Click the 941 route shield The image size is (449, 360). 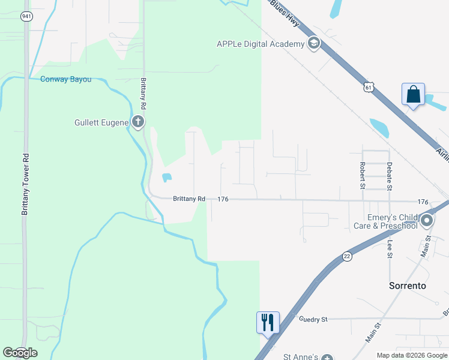(x=26, y=16)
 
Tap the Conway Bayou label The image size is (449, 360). (x=65, y=79)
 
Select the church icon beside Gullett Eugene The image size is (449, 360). (x=138, y=123)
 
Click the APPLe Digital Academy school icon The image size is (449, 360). (x=313, y=43)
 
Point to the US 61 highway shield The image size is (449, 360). (x=368, y=88)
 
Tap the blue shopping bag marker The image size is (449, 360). (x=413, y=95)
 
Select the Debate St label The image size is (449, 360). (x=389, y=176)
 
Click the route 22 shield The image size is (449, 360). (x=347, y=256)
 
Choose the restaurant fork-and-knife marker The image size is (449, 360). (x=268, y=322)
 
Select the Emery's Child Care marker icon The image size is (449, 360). (x=427, y=221)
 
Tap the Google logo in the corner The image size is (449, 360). (x=20, y=353)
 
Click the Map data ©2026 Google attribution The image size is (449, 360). (x=412, y=355)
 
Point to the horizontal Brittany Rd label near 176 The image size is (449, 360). (x=189, y=199)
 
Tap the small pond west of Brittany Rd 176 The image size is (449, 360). (x=166, y=178)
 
